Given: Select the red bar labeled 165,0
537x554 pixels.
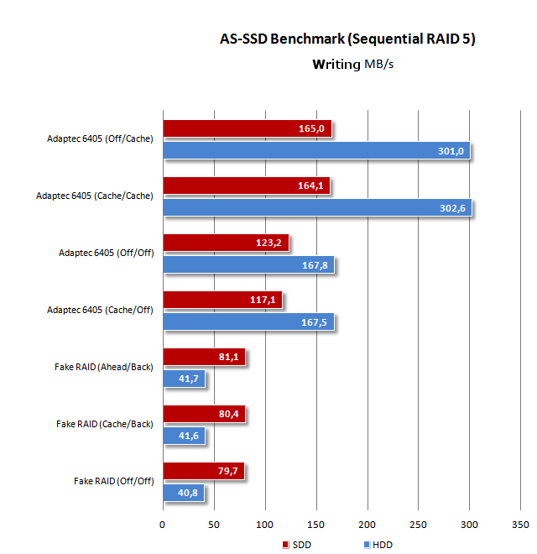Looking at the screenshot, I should point(247,128).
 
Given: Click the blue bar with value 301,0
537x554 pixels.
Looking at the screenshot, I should point(316,151).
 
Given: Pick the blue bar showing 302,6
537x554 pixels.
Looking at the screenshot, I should point(317,208).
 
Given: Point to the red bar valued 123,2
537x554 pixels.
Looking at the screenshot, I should point(225,243).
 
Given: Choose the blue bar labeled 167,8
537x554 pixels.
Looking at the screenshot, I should point(248,265).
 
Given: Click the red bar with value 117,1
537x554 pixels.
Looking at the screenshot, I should point(222,300).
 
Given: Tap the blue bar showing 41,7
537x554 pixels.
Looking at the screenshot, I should point(183,379).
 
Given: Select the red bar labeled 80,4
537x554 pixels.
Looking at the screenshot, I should point(203,413).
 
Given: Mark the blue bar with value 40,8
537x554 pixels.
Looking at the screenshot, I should point(183,494).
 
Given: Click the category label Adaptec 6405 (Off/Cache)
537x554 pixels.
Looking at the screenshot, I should point(100,139).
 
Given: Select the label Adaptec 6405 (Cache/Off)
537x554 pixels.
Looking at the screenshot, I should point(100,311).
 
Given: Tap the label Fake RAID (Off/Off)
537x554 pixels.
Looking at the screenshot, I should point(113,482).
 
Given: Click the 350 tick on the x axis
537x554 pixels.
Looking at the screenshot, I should point(521,525).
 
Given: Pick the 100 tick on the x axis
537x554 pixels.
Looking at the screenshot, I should point(265,525).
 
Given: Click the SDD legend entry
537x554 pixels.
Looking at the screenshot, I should point(298,545).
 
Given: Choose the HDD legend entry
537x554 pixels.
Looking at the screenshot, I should point(378,545).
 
